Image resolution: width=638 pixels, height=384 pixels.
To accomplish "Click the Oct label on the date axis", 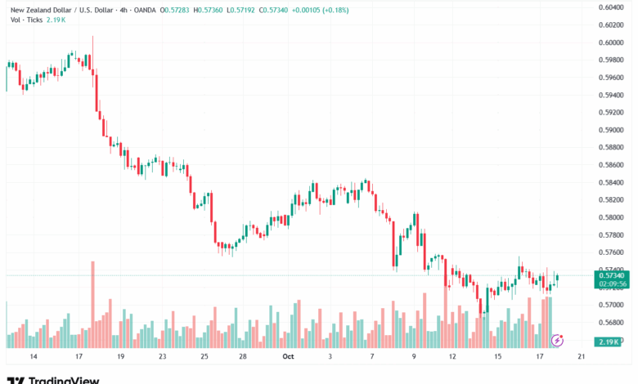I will click(x=288, y=357).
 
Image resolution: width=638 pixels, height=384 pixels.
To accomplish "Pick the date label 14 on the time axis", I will click(x=34, y=357).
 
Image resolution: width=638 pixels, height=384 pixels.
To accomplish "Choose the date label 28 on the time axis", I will click(x=244, y=357).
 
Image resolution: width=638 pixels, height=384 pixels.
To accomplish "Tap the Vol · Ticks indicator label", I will click(x=24, y=19).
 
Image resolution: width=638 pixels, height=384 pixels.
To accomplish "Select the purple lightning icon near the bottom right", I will click(x=559, y=339).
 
